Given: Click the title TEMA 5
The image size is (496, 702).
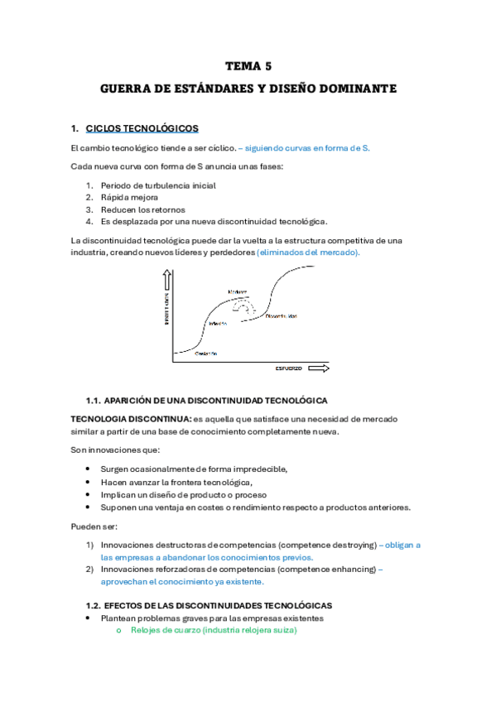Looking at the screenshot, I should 248,65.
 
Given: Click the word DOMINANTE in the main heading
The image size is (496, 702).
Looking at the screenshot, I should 361,88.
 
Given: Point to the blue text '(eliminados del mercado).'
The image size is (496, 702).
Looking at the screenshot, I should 308,252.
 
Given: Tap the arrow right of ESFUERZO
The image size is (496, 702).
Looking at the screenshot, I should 320,367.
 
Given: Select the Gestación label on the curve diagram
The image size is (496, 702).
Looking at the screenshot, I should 205,353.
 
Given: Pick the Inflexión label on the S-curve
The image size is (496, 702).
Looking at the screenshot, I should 218,323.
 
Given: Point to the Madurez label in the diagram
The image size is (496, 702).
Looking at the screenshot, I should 238,291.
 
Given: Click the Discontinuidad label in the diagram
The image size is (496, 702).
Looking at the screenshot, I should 282,316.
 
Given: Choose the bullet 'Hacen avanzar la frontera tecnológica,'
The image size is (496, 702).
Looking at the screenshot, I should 176,482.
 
